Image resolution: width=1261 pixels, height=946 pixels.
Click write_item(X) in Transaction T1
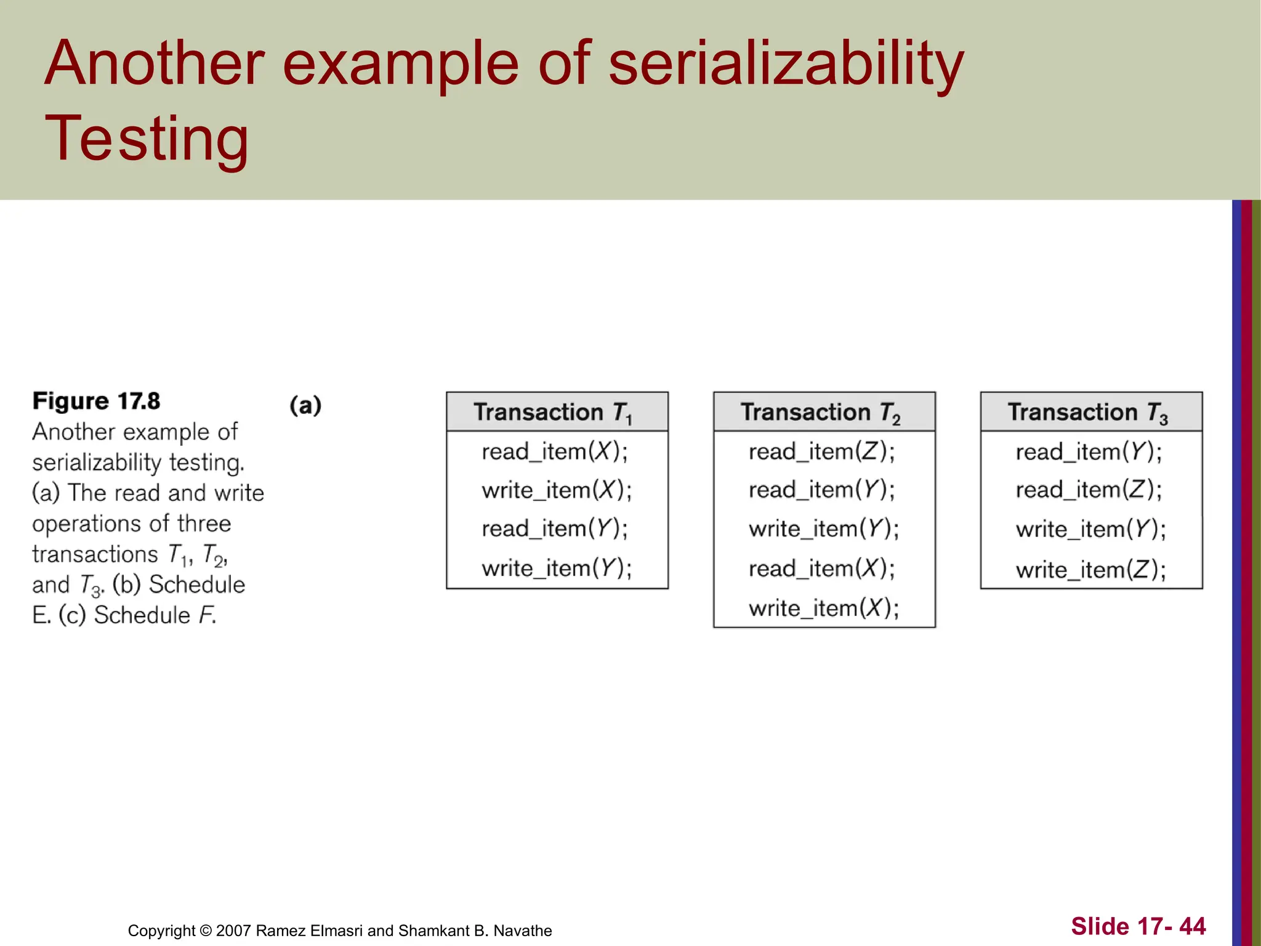coord(557,490)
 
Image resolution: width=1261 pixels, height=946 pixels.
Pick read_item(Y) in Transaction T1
coord(554,528)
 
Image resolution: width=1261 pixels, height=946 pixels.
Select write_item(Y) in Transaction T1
coord(557,568)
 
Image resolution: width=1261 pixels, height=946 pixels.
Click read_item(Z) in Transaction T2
coord(821,451)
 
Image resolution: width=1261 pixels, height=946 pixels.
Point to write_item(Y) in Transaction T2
coord(824,529)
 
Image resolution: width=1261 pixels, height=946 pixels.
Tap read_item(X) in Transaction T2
coord(821,568)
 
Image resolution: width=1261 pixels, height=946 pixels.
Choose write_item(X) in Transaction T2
coord(824,608)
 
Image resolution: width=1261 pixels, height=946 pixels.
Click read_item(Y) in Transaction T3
coord(1089,452)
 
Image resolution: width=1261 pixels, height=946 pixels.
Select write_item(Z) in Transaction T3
coord(1090,570)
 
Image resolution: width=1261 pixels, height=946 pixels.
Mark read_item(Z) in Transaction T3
coord(1089,490)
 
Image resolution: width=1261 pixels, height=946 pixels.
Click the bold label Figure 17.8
coord(96,401)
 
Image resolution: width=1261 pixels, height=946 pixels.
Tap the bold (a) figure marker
coord(305,405)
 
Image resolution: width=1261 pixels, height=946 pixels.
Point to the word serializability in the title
coord(786,64)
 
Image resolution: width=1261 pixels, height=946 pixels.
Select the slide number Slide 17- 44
coord(1138,926)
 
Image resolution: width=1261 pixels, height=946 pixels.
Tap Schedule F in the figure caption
coord(155,615)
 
